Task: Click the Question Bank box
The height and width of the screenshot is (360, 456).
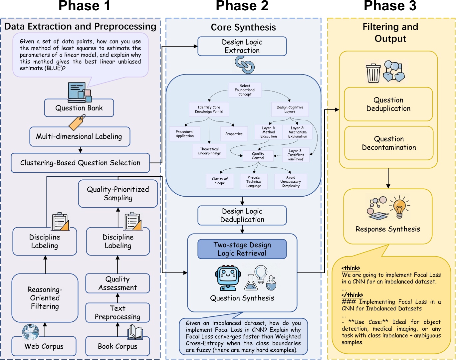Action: pyautogui.click(x=79, y=108)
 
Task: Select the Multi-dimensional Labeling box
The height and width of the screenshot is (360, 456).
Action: pyautogui.click(x=79, y=136)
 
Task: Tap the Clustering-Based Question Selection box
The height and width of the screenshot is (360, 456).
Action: pyautogui.click(x=80, y=163)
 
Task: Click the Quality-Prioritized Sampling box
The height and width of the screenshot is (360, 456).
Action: pyautogui.click(x=118, y=194)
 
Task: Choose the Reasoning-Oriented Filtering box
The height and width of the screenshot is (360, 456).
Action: pyautogui.click(x=45, y=298)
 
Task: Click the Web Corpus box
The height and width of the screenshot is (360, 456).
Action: pyautogui.click(x=44, y=346)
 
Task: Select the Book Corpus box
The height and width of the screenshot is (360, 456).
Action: pyautogui.click(x=117, y=346)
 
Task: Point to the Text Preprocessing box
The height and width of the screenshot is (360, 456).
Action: pyautogui.click(x=117, y=312)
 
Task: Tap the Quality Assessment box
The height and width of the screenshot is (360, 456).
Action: pyautogui.click(x=117, y=283)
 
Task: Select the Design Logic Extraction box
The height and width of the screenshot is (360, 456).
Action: pyautogui.click(x=242, y=46)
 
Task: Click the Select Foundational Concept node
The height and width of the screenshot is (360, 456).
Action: pyautogui.click(x=245, y=90)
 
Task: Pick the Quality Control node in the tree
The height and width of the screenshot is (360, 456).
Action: pyautogui.click(x=258, y=156)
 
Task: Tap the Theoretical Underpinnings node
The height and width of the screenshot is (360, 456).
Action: pyautogui.click(x=209, y=151)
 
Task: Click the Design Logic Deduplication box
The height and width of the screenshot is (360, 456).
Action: pyautogui.click(x=242, y=215)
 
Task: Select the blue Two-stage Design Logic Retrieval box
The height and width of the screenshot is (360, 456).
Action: pyautogui.click(x=242, y=249)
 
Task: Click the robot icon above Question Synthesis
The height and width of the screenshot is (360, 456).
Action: pyautogui.click(x=228, y=278)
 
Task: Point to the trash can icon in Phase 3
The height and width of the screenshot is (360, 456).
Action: pyautogui.click(x=373, y=73)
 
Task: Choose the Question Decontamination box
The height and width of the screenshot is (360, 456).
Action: pyautogui.click(x=389, y=143)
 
